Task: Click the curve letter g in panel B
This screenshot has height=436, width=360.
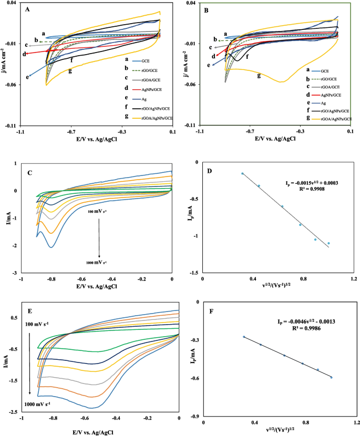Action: (x=259, y=75)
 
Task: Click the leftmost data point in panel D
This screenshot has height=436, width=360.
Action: (x=242, y=173)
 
